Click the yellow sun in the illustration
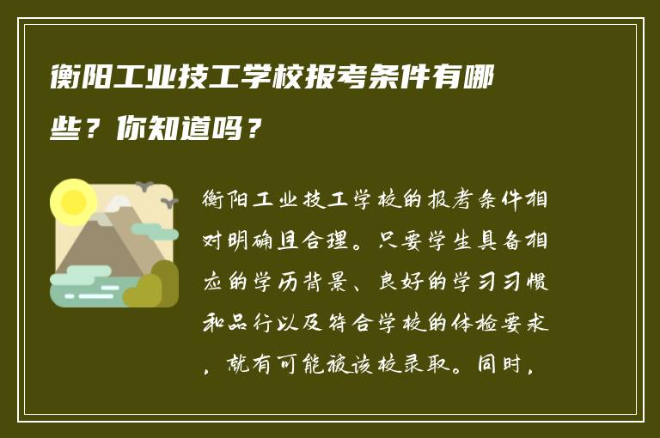tap(74, 203)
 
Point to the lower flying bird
tap(169, 202)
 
